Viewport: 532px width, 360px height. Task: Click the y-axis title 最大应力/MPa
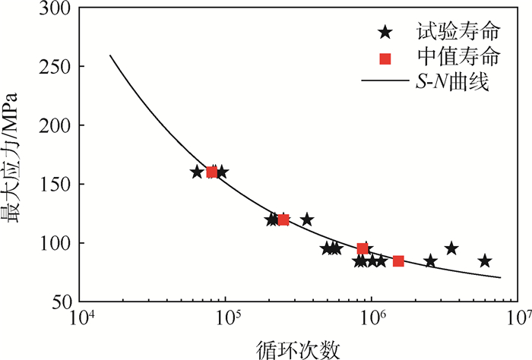17,155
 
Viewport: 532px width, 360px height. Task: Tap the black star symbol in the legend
385,32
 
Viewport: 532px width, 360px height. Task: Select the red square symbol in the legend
385,58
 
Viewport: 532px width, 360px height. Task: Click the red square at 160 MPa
211,172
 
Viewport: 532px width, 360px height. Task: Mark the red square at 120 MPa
283,219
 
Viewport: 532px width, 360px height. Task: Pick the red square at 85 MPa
398,261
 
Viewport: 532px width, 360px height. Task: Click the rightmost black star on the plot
485,261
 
